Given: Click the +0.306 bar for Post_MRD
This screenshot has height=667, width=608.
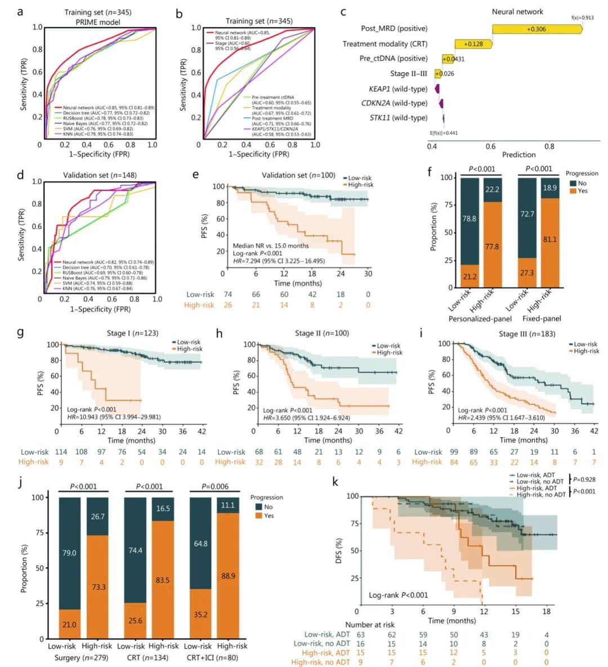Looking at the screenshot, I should click(x=536, y=29).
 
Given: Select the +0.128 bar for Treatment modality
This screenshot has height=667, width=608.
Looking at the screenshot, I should click(x=473, y=44).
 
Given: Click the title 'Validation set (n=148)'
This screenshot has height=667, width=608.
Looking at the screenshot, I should click(x=99, y=175).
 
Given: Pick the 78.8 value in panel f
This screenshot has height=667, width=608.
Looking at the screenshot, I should click(x=470, y=218).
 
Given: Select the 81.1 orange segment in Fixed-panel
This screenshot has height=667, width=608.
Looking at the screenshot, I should click(x=550, y=240).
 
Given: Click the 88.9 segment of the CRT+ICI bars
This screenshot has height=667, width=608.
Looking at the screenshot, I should click(x=228, y=576).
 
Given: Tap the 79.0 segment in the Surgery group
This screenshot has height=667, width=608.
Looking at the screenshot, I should click(x=69, y=553).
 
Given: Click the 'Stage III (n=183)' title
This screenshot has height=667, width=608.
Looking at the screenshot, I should click(x=526, y=334).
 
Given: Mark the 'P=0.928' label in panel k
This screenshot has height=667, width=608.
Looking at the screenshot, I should click(x=584, y=480).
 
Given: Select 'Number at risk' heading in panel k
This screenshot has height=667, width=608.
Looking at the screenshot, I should click(x=370, y=625).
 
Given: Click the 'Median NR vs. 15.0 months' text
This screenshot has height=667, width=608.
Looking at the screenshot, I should click(x=271, y=246).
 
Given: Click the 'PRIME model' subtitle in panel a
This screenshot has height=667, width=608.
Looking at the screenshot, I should click(x=98, y=22).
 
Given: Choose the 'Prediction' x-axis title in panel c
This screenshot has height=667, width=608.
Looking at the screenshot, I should click(x=518, y=155).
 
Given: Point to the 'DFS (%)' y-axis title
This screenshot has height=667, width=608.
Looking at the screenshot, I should click(x=339, y=550).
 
